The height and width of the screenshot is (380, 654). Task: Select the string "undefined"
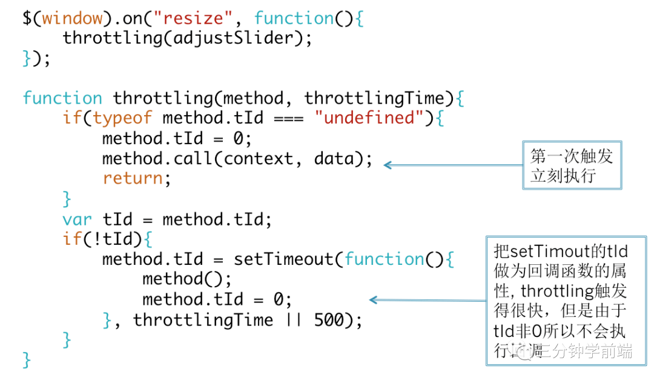coord(369,118)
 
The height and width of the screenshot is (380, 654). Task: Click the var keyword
coord(77,219)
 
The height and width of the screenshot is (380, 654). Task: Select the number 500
coord(329,319)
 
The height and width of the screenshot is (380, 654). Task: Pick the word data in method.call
coord(334,158)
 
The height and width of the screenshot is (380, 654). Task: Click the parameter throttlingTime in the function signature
coord(374,98)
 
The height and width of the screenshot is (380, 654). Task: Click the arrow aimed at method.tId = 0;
coord(428,299)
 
